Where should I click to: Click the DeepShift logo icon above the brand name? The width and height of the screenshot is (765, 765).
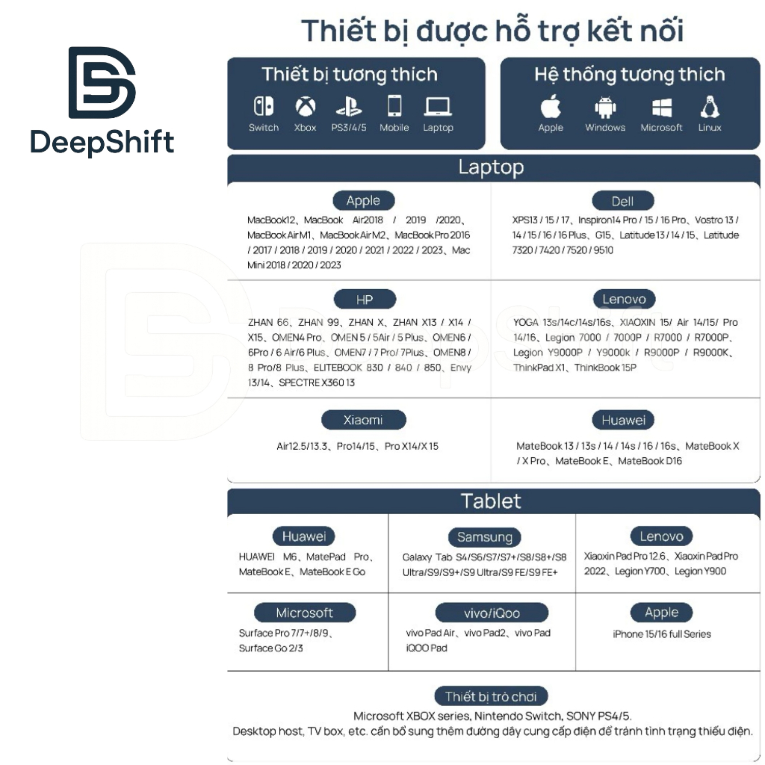(x=102, y=83)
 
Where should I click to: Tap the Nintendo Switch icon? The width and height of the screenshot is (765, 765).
(x=264, y=106)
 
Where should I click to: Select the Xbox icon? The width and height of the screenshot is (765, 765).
(x=305, y=106)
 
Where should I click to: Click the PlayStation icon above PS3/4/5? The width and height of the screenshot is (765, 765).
(x=349, y=107)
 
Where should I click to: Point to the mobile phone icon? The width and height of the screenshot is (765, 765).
(x=394, y=106)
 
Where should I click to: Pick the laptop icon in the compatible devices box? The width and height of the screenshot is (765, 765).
(x=438, y=107)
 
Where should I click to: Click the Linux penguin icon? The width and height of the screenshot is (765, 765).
(x=710, y=106)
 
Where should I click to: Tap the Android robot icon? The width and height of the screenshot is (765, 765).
(x=605, y=107)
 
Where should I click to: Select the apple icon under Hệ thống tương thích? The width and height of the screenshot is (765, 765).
(x=551, y=106)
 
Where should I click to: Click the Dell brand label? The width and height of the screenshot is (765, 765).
(x=622, y=201)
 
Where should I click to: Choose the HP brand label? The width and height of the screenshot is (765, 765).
(x=365, y=300)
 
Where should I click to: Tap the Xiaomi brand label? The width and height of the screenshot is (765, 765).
(x=363, y=420)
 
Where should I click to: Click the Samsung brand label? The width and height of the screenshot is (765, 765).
(x=485, y=536)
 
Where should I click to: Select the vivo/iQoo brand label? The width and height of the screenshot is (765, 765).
(x=492, y=613)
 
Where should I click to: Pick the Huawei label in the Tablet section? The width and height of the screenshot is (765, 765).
(x=304, y=536)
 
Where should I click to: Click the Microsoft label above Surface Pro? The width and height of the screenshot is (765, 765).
(x=304, y=613)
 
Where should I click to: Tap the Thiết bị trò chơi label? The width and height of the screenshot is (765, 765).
(x=491, y=696)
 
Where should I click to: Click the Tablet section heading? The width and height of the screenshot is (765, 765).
(x=492, y=501)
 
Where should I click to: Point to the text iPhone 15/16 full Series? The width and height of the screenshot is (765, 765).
(x=662, y=634)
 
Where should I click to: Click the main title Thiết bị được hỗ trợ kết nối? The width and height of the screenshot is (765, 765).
(x=492, y=31)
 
